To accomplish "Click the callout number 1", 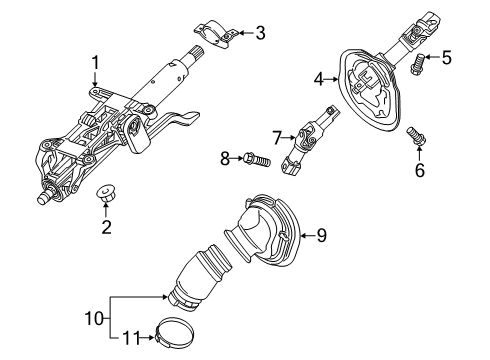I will coord(96,65).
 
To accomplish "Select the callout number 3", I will coord(260,34).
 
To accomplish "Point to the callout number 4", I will coord(319,76).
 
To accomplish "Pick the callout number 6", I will coord(420,170).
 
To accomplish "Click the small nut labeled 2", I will coord(105,192).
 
